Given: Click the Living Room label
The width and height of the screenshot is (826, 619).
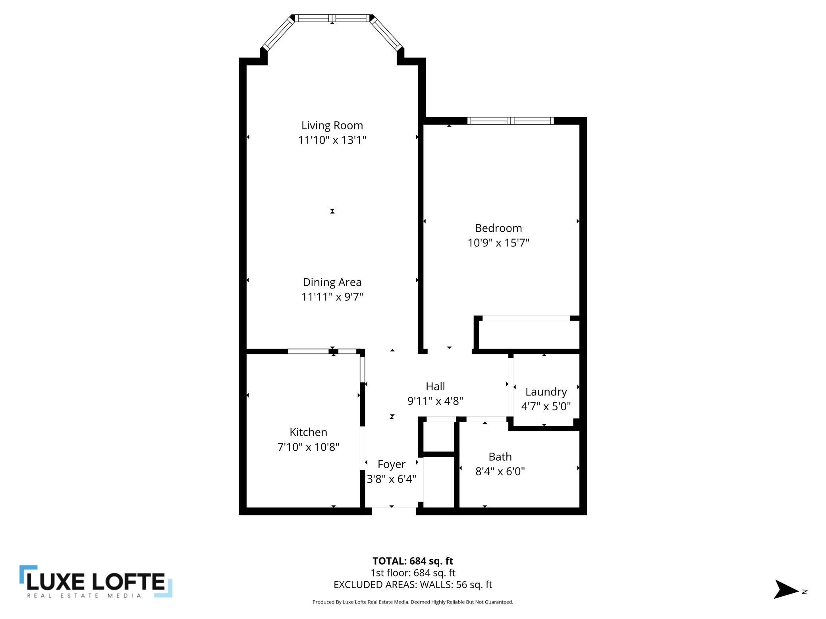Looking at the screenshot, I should (332, 125).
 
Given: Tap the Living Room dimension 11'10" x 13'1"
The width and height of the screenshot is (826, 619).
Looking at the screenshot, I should (332, 140).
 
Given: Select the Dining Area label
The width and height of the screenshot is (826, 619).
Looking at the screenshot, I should (332, 282).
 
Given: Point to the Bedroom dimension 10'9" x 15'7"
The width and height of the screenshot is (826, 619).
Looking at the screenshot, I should (498, 242).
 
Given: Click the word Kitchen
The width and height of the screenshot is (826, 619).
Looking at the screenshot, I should (308, 432).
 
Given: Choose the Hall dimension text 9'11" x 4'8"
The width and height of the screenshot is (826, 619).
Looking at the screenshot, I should (435, 401).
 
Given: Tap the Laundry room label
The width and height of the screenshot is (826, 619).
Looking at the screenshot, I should (546, 392).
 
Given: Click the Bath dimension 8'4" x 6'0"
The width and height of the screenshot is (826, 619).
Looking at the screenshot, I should (500, 471).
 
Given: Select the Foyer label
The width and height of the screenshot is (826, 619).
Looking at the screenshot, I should (391, 464).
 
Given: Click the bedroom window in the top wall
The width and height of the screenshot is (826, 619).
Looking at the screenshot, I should (510, 121).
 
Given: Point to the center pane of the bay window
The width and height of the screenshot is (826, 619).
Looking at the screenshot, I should (332, 18).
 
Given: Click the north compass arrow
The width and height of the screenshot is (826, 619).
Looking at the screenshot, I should (785, 589).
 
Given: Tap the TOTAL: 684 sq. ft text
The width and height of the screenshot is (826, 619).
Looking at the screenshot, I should (413, 561).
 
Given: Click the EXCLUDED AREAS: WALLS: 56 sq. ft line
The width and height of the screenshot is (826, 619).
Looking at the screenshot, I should (413, 584).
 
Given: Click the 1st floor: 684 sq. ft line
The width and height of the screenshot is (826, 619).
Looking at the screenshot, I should (413, 573).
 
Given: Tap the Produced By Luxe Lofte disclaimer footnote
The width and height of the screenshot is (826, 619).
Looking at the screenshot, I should (413, 602).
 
